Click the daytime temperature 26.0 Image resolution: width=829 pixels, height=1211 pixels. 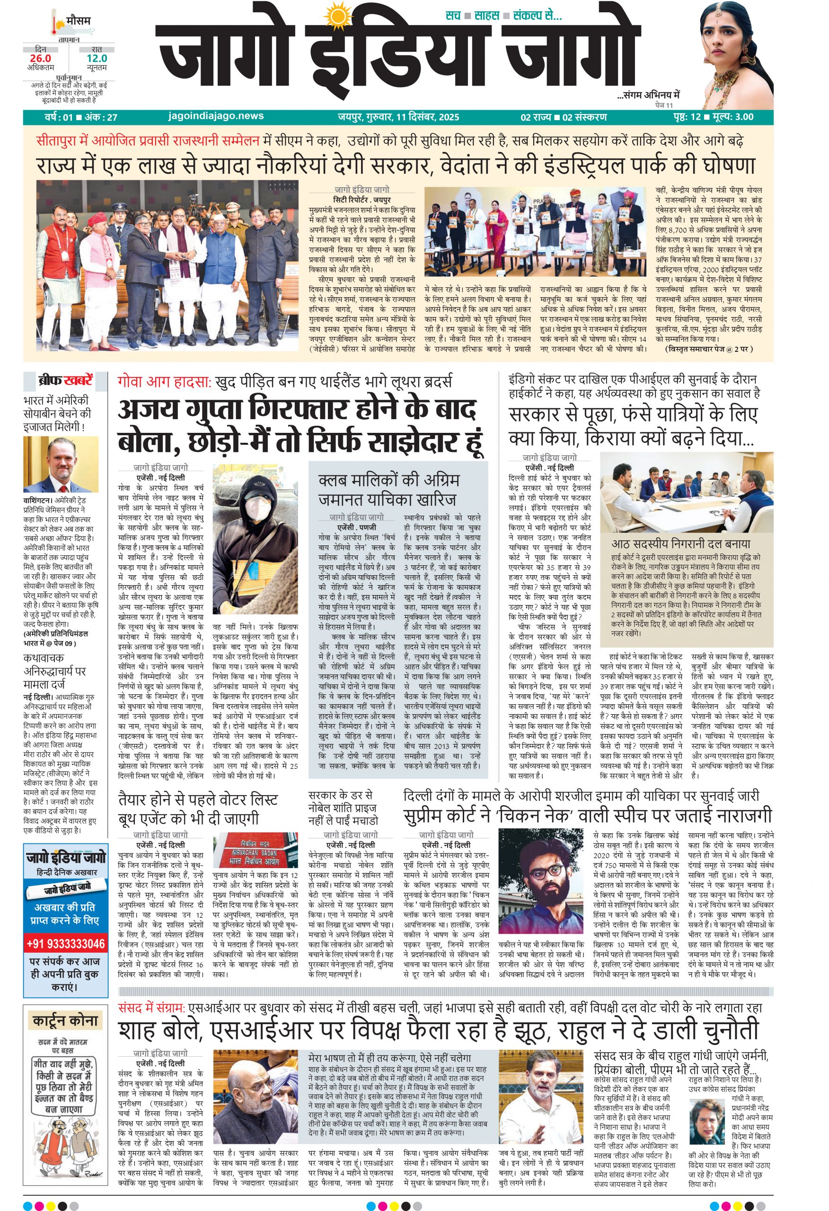(41, 58)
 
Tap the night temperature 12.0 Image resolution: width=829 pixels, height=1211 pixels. (97, 58)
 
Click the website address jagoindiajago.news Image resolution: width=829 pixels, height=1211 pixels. (216, 116)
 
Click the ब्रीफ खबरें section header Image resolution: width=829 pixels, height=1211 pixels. (65, 380)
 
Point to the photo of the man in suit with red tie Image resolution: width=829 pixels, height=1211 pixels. (61, 464)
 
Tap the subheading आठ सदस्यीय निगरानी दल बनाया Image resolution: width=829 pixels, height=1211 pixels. (680, 544)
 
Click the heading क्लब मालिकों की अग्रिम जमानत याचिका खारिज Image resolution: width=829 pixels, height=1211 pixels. (388, 489)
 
